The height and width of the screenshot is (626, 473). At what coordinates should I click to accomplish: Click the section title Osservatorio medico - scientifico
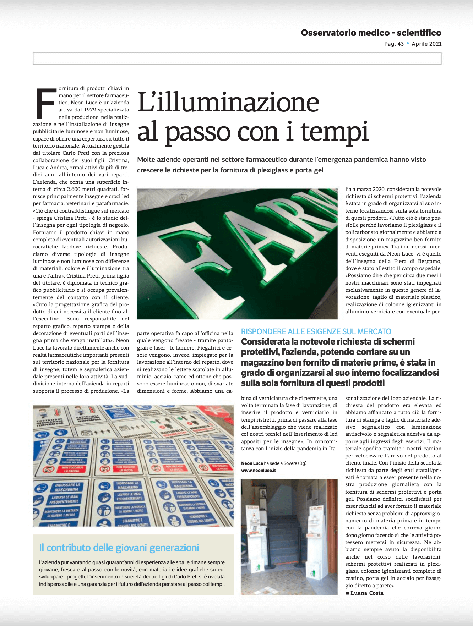(371, 33)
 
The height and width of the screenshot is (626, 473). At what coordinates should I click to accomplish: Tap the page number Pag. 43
(394, 44)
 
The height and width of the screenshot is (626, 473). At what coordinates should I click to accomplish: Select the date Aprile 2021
(426, 44)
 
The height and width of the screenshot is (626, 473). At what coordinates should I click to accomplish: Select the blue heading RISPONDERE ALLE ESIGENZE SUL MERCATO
(316, 331)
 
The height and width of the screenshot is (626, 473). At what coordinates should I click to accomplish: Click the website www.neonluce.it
(259, 471)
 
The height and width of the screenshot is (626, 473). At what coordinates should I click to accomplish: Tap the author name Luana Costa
(367, 593)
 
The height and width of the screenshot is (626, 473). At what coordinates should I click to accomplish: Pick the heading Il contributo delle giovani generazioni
(119, 548)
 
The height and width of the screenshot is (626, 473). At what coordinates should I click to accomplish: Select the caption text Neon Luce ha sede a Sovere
(273, 463)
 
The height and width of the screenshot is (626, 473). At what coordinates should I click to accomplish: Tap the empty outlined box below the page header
(237, 59)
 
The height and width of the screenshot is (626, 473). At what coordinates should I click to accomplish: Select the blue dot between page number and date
(408, 44)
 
